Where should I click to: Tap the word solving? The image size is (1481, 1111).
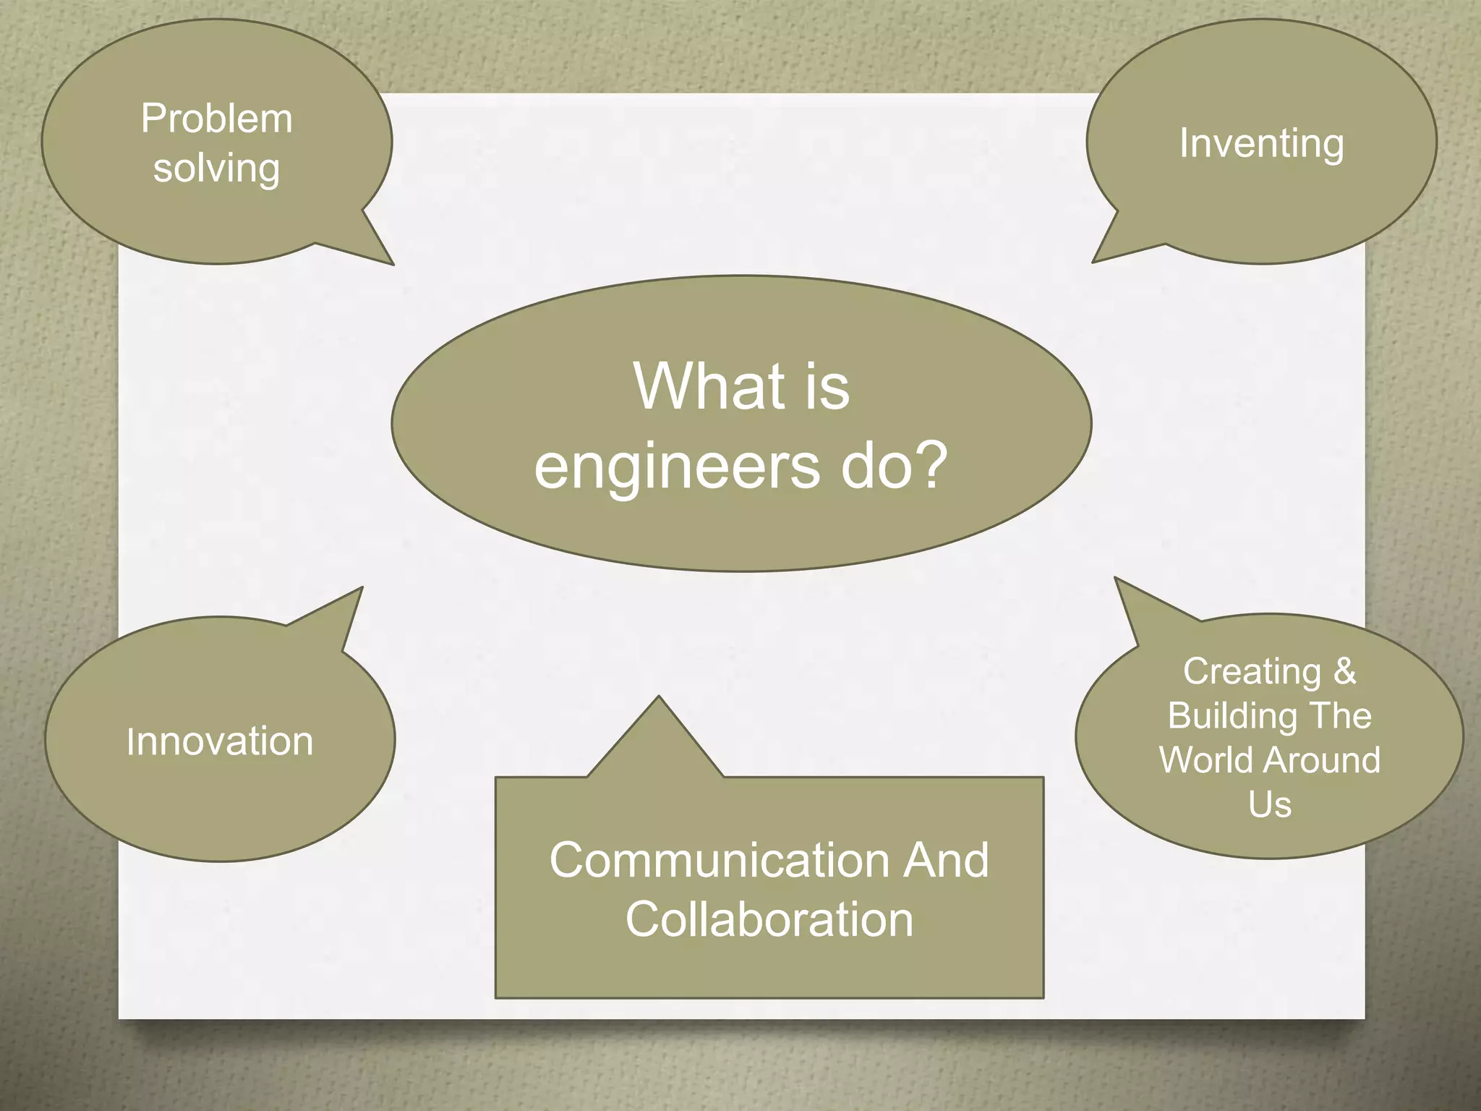[x=216, y=169]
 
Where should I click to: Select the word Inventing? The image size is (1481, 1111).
[x=1261, y=143]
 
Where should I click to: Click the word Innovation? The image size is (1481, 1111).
[x=220, y=741]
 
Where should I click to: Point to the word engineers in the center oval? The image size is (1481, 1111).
[x=677, y=467]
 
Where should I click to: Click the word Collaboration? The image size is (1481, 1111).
[x=769, y=919]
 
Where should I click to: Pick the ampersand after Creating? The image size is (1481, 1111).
[x=1344, y=671]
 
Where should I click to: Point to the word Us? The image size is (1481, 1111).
[x=1269, y=804]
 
